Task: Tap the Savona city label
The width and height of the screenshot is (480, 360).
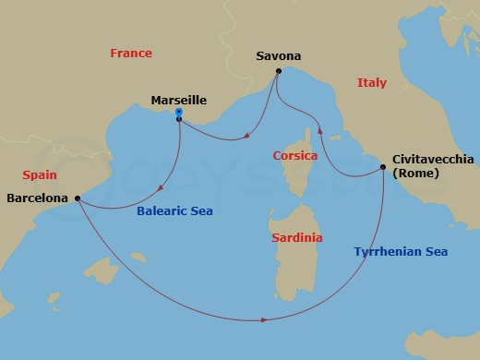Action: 278,56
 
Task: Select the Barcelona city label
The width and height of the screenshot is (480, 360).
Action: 37,198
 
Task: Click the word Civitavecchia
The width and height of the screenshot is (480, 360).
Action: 429,159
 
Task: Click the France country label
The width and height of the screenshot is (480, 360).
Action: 130,54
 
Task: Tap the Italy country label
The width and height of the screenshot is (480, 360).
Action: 371,83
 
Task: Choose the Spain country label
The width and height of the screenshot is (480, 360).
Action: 40,174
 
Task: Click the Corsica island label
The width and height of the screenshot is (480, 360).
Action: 295,156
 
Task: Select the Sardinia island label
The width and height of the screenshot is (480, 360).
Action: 297,237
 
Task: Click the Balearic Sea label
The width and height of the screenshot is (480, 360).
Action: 174,210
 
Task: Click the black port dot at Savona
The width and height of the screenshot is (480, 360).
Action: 278,71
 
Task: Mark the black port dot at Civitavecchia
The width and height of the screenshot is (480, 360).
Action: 383,167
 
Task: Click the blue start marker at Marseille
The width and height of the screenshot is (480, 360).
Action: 178,113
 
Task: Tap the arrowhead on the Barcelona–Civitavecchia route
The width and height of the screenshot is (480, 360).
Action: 265,319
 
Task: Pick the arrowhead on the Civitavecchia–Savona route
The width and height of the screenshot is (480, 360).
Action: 320,131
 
